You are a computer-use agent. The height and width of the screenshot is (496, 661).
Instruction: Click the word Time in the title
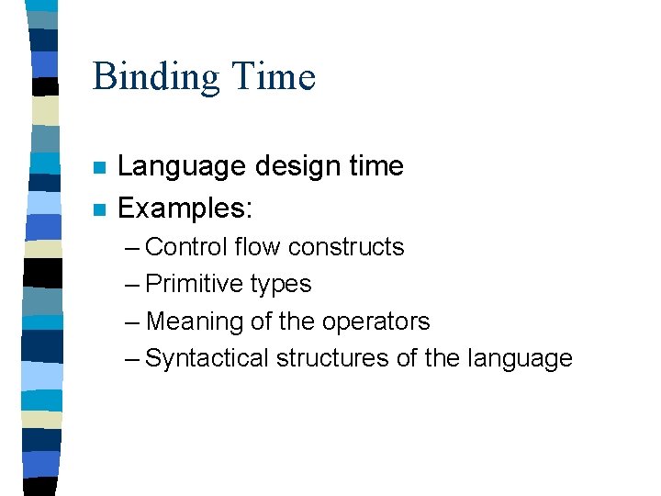274,75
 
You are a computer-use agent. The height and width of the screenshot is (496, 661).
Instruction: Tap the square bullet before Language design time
100,168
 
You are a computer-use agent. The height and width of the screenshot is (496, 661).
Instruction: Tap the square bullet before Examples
100,210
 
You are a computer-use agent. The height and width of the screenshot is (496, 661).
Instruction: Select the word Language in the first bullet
182,167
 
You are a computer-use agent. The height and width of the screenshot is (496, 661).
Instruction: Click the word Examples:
185,209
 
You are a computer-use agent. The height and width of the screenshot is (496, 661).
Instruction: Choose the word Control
186,247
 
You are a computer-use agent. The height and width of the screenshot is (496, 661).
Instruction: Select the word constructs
346,247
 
